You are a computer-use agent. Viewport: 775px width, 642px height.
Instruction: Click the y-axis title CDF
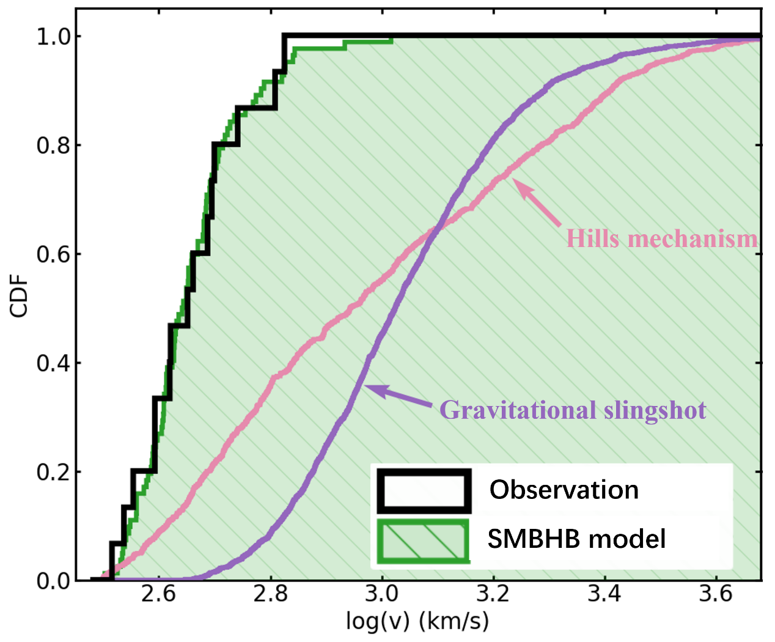tap(20, 296)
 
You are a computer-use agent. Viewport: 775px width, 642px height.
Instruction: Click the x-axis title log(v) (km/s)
tap(417, 621)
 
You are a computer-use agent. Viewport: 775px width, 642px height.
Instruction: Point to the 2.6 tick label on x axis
tap(158, 594)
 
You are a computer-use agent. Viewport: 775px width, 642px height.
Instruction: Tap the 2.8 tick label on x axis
tap(270, 594)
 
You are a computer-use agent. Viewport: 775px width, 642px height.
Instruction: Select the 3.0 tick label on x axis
tap(381, 594)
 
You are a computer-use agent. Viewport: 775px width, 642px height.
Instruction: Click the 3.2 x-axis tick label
tap(493, 594)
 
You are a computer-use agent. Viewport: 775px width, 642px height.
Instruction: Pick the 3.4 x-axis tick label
tap(604, 594)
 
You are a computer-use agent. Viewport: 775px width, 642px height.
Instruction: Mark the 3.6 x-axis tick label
tap(716, 594)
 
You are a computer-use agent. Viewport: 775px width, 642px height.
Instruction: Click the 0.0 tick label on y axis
tap(53, 581)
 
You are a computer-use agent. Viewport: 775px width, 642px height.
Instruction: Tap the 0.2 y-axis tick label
tap(53, 472)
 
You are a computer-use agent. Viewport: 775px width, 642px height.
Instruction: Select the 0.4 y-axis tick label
tap(53, 363)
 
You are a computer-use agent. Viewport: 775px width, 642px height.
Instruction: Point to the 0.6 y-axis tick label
tap(53, 254)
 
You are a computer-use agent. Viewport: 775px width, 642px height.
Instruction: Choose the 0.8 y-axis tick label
tap(53, 146)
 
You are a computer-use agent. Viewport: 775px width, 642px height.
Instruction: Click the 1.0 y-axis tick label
tap(53, 37)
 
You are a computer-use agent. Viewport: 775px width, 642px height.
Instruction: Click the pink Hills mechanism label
tap(662, 238)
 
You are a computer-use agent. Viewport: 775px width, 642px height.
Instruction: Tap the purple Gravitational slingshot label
tap(573, 410)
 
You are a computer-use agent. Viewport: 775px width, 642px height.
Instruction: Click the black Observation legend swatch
tap(424, 490)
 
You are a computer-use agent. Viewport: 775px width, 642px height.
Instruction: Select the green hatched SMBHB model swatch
tap(424, 541)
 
